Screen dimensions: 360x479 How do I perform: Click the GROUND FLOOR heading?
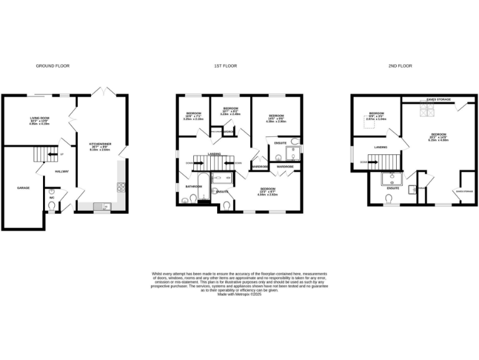52,66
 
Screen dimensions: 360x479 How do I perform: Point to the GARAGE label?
23,187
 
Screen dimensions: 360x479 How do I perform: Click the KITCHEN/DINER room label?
100,146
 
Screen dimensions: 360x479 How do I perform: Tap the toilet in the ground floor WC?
51,206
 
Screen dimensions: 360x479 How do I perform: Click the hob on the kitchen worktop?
121,187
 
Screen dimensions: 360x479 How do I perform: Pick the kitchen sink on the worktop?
104,206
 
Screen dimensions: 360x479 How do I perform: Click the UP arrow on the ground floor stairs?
60,153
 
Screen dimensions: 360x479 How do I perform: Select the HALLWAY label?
61,171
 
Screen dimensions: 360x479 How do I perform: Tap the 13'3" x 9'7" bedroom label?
268,191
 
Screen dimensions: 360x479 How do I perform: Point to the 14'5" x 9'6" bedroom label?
276,118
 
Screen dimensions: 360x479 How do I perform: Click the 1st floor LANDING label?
213,153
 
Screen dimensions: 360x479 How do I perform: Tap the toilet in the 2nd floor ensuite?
390,199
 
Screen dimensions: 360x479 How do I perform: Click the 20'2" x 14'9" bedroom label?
438,137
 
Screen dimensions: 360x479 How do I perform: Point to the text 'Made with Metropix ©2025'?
239,294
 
